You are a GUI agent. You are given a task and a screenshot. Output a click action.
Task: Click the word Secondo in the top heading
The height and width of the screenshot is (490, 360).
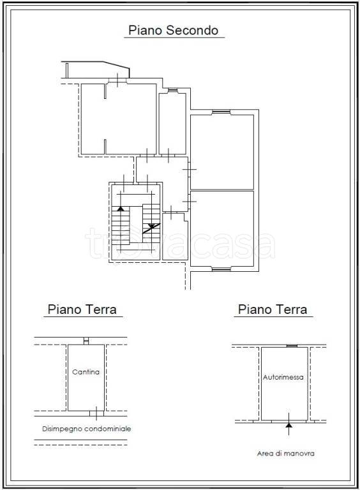[192, 31]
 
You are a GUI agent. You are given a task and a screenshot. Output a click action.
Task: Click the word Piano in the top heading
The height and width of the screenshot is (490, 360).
[145, 31]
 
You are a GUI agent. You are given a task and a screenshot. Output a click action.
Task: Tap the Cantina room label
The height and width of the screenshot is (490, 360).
[86, 372]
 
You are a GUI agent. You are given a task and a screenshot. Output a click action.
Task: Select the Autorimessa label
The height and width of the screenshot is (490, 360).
[283, 377]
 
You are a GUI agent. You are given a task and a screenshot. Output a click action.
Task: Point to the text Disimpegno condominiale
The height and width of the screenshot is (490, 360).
[87, 429]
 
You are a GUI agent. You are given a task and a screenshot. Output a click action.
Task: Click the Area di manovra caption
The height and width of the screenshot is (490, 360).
[285, 454]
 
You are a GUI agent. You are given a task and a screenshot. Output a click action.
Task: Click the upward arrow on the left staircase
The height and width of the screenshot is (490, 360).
[121, 209]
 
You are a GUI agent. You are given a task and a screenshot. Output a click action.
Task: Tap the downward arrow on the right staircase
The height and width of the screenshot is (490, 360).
[151, 226]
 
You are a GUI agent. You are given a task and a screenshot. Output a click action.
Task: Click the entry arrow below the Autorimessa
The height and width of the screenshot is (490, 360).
[289, 424]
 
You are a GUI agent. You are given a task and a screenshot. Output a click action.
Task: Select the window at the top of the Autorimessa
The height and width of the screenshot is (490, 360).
[292, 346]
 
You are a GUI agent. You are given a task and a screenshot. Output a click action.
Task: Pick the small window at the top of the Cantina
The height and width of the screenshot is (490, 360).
[86, 341]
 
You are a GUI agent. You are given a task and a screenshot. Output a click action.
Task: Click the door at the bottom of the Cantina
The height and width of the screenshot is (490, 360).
[96, 413]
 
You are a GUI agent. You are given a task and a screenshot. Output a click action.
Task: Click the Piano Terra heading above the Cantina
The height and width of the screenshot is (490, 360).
[82, 309]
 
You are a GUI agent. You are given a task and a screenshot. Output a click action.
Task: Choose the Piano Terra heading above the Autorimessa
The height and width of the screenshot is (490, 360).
[273, 309]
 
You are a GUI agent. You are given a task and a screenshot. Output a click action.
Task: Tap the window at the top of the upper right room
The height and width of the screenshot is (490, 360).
[221, 112]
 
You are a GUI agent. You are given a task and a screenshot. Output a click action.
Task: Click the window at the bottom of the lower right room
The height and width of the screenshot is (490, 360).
[221, 269]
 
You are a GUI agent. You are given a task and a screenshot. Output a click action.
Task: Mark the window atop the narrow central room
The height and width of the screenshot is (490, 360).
[172, 91]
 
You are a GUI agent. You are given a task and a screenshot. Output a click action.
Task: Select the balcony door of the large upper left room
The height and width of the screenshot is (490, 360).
[117, 81]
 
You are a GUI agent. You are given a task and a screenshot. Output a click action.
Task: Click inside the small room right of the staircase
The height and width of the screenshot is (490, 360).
[175, 237]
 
